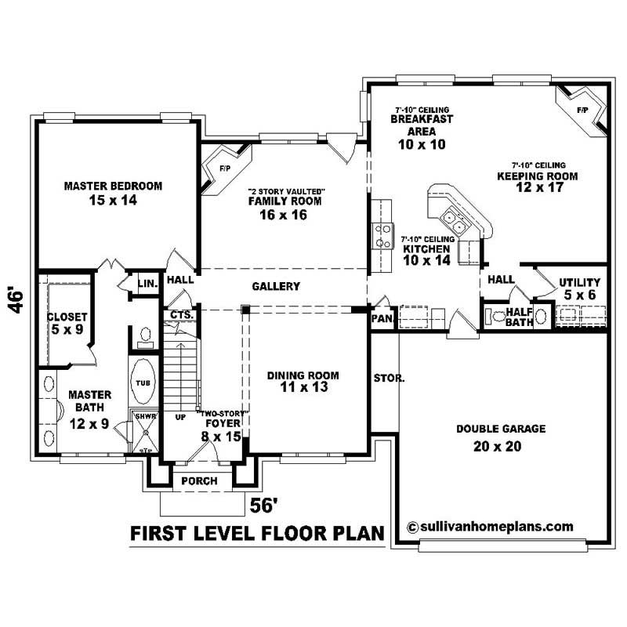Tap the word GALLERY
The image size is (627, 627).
276,287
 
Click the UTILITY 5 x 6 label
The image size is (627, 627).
579,288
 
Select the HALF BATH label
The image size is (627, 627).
519,317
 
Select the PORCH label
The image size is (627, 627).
198,480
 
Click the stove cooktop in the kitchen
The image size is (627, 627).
383,236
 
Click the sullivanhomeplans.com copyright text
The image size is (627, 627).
490,527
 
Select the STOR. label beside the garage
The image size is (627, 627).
390,378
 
